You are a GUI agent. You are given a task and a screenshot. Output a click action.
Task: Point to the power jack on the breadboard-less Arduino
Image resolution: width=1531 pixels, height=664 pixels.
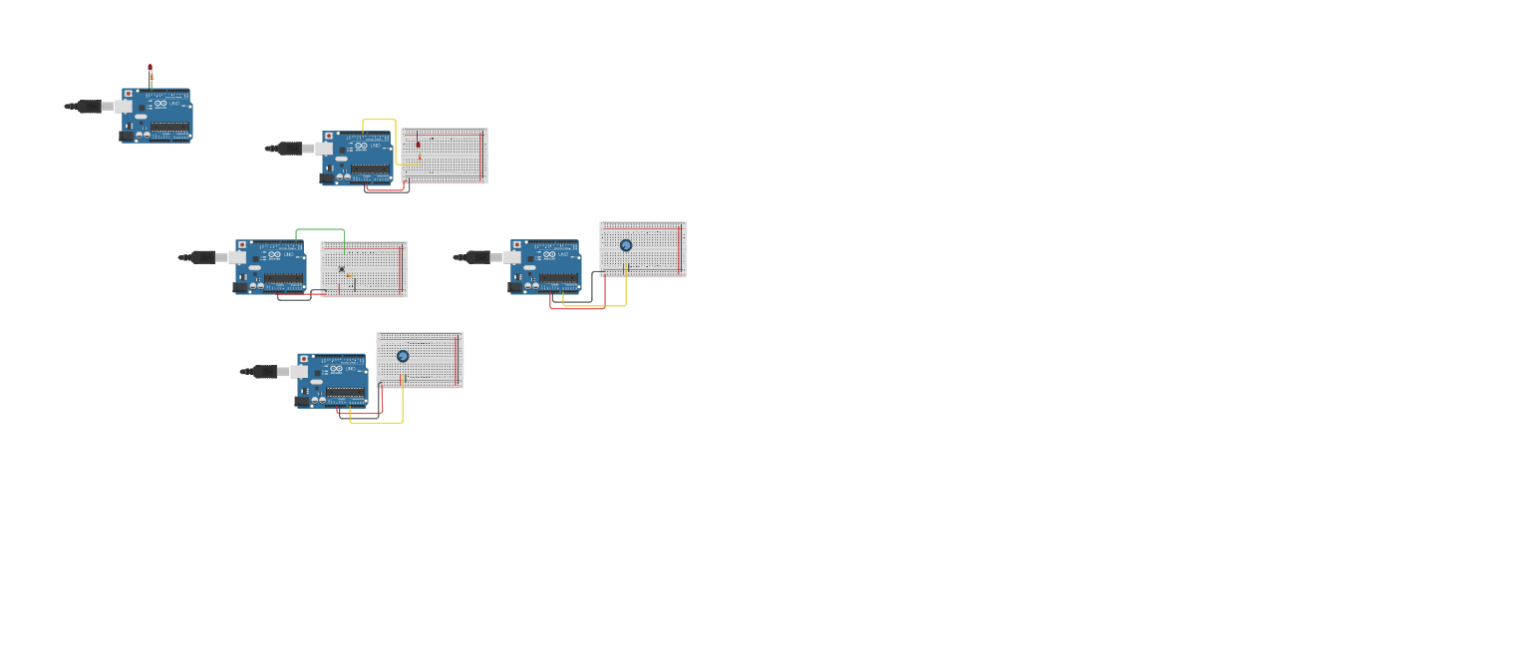(127, 136)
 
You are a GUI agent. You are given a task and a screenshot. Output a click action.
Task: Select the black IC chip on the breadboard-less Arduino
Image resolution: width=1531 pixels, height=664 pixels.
(169, 127)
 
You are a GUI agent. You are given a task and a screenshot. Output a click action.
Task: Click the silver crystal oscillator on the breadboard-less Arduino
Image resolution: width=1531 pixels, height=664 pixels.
(141, 117)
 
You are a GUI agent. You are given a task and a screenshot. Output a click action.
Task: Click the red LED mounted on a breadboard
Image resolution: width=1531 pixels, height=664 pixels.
(419, 145)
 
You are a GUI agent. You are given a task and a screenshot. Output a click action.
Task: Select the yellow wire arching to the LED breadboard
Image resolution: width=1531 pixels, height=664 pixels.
(380, 121)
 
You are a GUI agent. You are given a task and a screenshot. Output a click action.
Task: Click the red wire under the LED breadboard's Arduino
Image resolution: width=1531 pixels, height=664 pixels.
(387, 189)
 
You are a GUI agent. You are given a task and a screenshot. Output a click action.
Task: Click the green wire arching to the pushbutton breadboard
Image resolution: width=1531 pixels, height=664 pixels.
(320, 230)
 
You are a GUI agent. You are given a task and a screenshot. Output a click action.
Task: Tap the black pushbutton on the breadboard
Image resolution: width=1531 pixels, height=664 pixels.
(342, 268)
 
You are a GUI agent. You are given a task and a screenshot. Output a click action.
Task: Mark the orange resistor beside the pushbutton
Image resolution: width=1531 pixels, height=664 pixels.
(350, 275)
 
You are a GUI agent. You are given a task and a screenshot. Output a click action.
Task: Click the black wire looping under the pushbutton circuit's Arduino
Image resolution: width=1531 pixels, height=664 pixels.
(294, 300)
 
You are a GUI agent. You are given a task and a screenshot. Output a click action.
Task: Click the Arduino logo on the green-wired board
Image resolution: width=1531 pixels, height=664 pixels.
(273, 254)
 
